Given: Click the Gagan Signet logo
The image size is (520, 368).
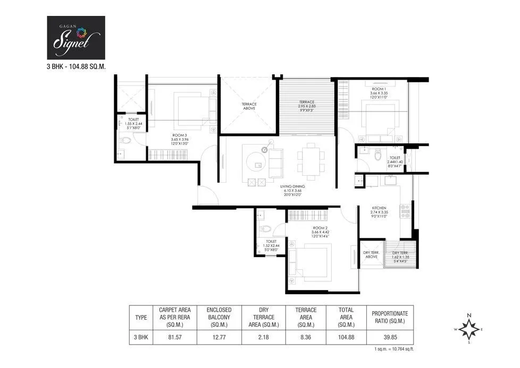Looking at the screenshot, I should (x=76, y=37).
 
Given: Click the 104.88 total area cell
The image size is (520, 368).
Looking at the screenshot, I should (x=346, y=336).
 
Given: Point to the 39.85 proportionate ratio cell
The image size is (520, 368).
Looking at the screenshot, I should (x=390, y=336).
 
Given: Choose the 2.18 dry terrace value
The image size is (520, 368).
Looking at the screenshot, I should (x=261, y=336).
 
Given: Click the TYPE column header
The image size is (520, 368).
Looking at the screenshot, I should (x=141, y=318).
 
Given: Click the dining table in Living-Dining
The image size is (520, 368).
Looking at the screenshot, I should (x=309, y=159).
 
